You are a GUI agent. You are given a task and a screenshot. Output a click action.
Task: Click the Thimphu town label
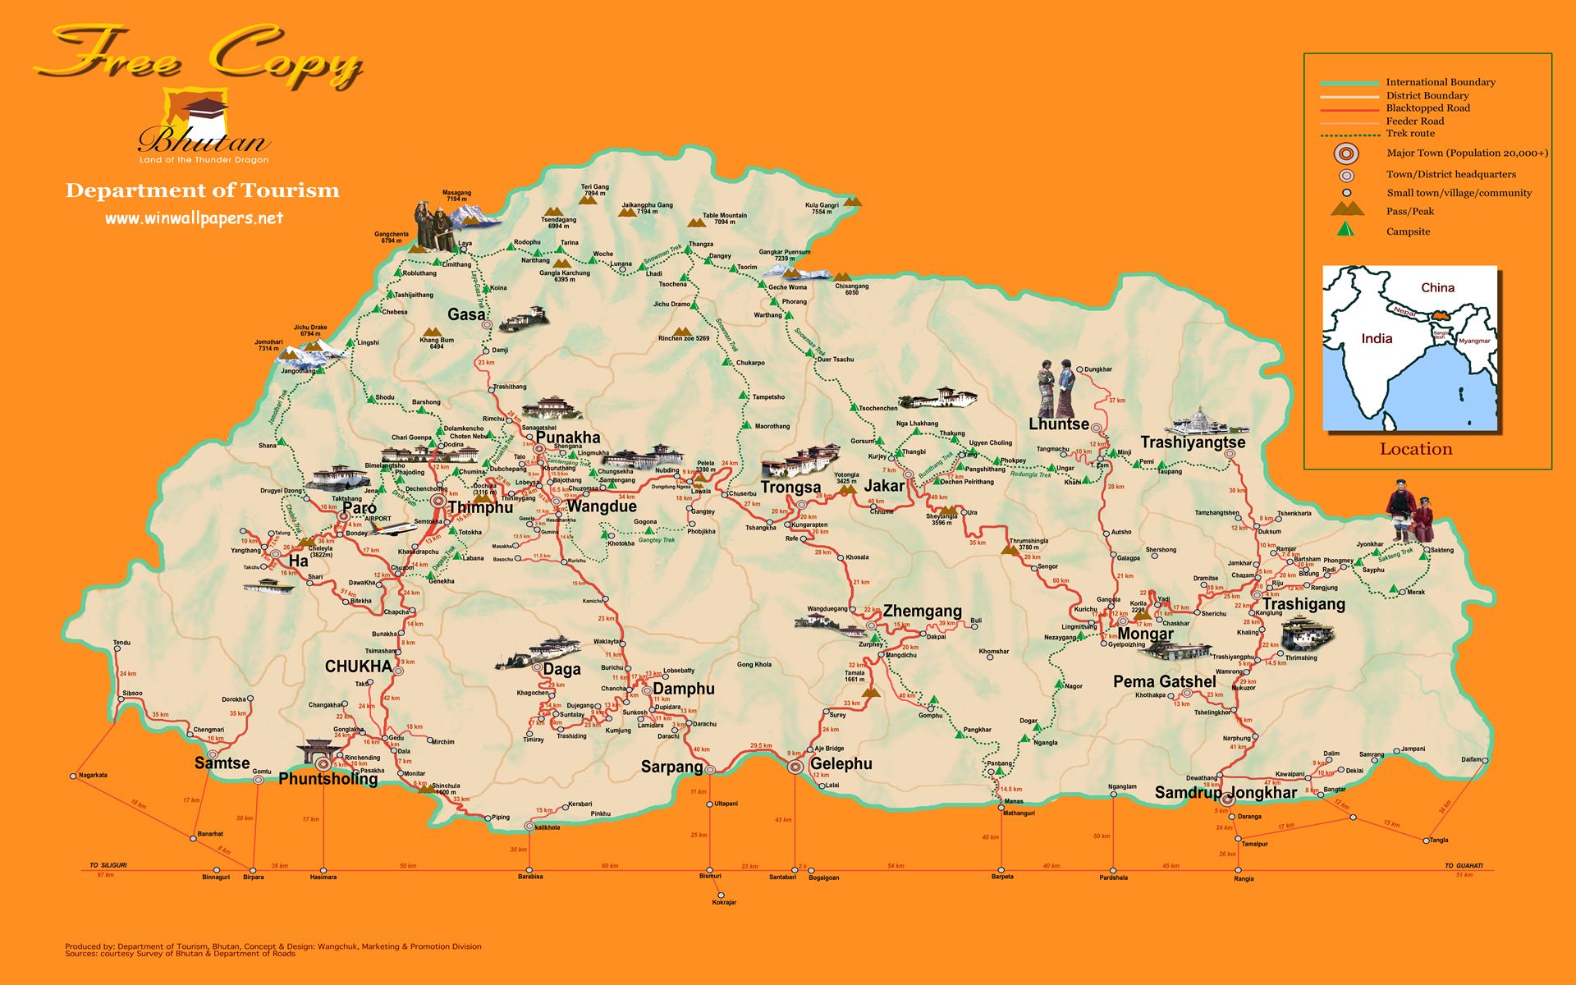(x=480, y=507)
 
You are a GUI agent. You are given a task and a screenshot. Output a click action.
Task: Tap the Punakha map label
(x=568, y=438)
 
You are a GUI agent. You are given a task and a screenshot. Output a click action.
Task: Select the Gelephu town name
(x=841, y=763)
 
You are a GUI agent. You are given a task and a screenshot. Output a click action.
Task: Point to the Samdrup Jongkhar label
(x=1226, y=792)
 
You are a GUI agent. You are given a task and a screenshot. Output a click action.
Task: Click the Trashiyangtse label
(x=1193, y=442)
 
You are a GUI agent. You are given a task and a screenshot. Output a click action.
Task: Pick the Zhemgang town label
(x=922, y=611)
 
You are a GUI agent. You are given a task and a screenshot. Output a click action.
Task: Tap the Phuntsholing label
(x=328, y=778)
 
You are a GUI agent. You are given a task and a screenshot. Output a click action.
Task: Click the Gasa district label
(x=466, y=314)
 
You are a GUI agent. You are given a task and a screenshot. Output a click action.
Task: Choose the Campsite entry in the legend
(x=1408, y=231)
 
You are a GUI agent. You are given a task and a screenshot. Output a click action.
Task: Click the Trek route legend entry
(x=1410, y=133)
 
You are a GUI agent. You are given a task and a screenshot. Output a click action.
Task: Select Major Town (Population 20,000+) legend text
(x=1467, y=153)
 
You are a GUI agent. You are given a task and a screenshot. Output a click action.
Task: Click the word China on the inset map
(x=1437, y=287)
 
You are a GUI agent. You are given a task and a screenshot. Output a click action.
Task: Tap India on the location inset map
(x=1377, y=338)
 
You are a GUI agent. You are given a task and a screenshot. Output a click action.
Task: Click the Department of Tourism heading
(x=202, y=190)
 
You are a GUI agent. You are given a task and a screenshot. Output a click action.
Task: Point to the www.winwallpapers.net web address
(x=194, y=218)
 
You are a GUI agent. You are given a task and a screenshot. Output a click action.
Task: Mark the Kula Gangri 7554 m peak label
(x=822, y=208)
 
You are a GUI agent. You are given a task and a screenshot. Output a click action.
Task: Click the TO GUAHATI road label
(x=1464, y=866)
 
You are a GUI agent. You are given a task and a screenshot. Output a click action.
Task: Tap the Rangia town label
(x=1244, y=879)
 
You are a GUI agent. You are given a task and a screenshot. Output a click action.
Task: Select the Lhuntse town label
(x=1058, y=424)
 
